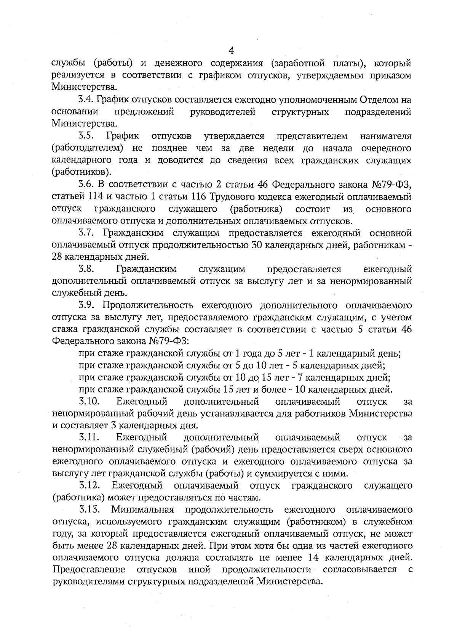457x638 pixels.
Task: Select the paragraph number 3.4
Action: (86, 100)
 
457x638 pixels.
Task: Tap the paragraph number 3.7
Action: (86, 233)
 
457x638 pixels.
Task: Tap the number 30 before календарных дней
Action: (257, 245)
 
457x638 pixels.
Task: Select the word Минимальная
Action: (143, 509)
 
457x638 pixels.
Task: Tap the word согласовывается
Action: (360, 570)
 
